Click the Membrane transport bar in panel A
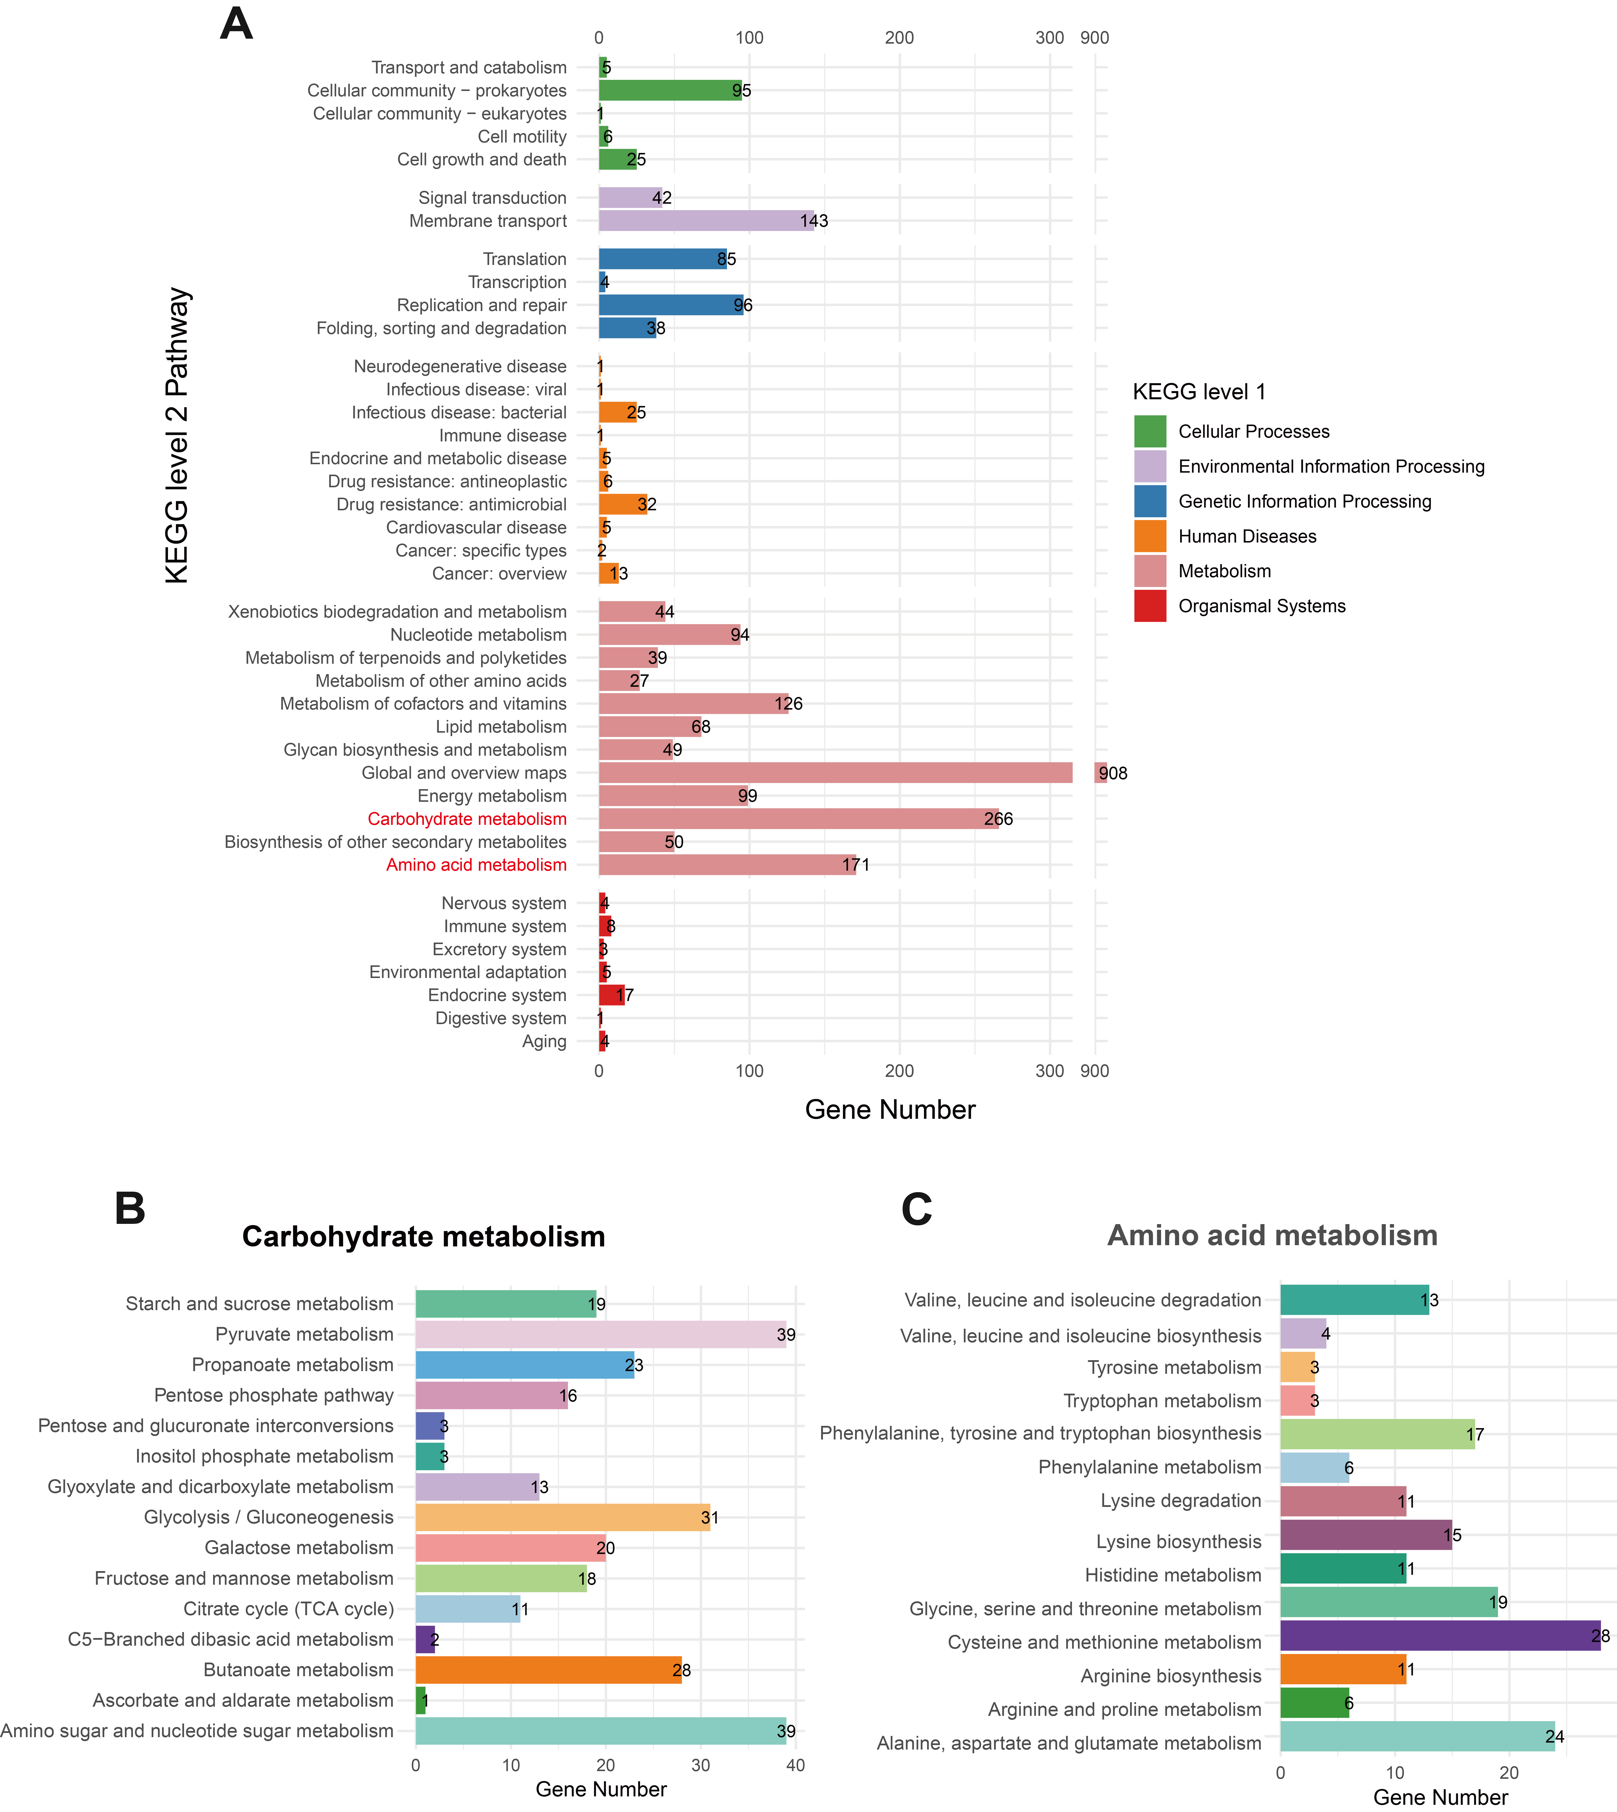[x=706, y=220]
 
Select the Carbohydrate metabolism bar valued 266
[x=799, y=818]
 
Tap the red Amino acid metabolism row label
[x=476, y=865]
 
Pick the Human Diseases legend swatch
[x=1150, y=536]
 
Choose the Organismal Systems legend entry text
[x=1262, y=606]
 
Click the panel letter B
[x=130, y=1208]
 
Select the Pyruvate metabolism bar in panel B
[x=601, y=1334]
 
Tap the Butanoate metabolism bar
[x=548, y=1670]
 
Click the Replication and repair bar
[x=671, y=305]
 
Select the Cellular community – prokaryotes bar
[x=670, y=90]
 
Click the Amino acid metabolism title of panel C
[x=1272, y=1235]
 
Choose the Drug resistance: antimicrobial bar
[x=623, y=504]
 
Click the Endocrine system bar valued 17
[x=611, y=995]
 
